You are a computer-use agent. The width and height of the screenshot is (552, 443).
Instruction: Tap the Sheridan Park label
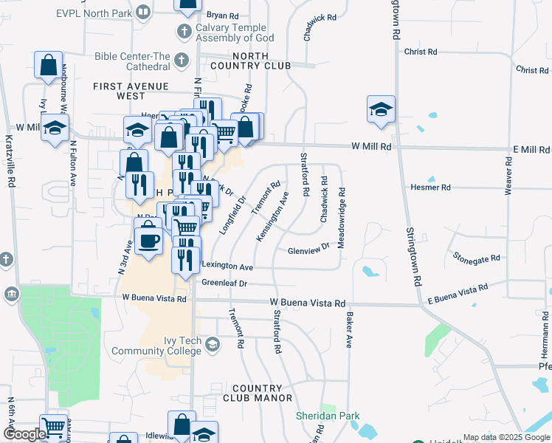click(x=328, y=416)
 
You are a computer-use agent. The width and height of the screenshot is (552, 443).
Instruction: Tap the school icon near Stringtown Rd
click(x=381, y=110)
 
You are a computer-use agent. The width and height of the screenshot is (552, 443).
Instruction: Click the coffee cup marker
click(x=148, y=241)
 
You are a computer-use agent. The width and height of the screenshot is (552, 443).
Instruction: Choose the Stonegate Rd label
click(x=477, y=258)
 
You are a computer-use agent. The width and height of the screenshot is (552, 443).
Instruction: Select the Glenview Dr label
click(x=308, y=250)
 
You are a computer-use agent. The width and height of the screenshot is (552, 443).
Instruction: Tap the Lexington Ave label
click(x=227, y=267)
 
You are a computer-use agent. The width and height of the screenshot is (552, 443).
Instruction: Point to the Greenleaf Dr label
click(x=223, y=283)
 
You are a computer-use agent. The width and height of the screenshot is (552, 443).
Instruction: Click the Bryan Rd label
click(x=222, y=15)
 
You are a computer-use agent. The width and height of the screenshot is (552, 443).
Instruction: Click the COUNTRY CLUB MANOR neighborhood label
click(x=257, y=393)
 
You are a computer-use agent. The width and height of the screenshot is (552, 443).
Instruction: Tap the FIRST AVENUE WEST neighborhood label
click(x=130, y=91)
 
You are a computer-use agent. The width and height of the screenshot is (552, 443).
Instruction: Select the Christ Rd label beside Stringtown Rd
click(x=421, y=52)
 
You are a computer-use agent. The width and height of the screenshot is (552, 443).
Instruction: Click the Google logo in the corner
click(x=24, y=434)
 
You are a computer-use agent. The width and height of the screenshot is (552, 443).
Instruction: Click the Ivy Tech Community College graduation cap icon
click(x=213, y=345)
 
